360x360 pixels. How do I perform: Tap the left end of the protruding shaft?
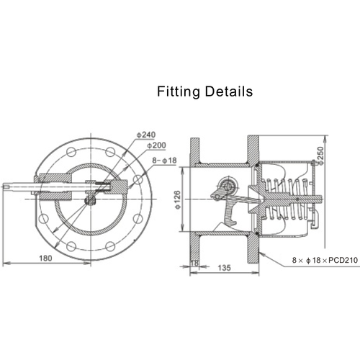[6, 189]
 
